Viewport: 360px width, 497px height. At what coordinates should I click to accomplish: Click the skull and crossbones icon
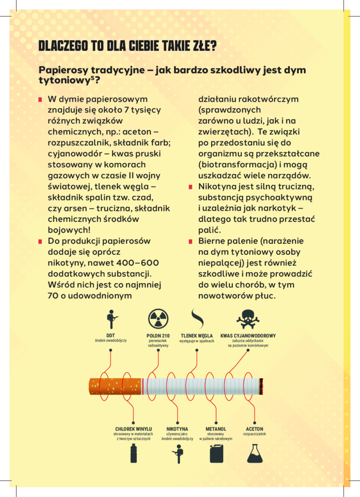[248, 318]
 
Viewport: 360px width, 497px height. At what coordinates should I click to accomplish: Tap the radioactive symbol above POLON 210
[158, 318]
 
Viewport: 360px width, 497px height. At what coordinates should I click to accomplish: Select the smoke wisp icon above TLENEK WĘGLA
[196, 318]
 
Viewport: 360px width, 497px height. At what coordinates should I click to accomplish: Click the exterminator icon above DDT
[112, 319]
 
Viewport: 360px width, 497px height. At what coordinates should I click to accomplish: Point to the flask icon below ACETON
[255, 453]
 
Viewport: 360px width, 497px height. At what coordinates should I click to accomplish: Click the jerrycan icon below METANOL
[216, 453]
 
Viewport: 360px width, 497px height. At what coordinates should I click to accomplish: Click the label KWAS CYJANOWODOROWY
[248, 335]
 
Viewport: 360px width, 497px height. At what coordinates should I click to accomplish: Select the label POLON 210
[158, 335]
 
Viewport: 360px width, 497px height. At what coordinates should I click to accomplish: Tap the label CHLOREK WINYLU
[133, 429]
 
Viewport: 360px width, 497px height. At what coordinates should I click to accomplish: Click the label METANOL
[216, 429]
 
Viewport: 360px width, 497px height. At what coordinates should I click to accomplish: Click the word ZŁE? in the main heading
[203, 47]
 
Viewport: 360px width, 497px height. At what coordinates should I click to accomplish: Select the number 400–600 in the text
[139, 263]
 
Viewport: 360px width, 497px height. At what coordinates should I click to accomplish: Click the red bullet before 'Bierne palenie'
[191, 241]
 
